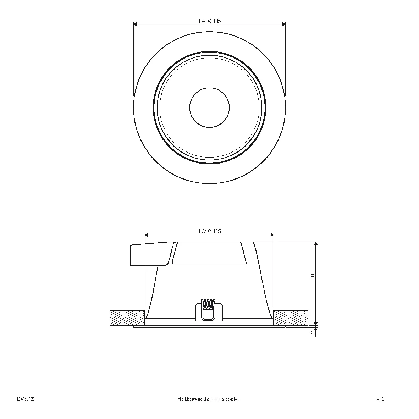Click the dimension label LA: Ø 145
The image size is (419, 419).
210,21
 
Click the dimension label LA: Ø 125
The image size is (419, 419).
210,231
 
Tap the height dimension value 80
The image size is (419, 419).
312,277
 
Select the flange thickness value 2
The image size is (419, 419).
312,332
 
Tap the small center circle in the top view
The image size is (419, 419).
209,107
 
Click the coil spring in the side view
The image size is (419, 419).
209,304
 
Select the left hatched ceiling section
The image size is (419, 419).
127,318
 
